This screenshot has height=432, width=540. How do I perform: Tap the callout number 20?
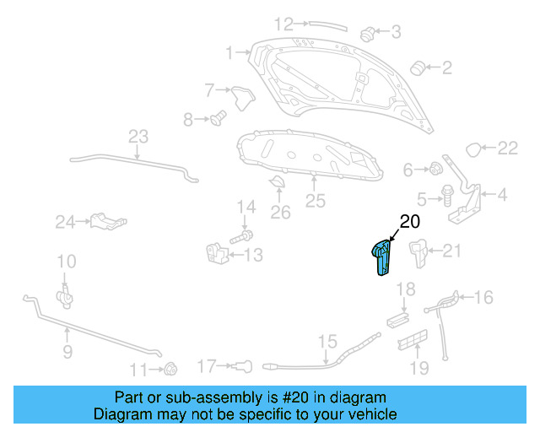[409, 223]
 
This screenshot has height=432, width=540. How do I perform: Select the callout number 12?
[283, 24]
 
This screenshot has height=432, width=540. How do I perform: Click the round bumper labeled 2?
[416, 67]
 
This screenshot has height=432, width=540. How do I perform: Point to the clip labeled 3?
[368, 34]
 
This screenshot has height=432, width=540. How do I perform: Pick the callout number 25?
[315, 201]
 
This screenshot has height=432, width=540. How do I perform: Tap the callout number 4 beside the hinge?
[502, 196]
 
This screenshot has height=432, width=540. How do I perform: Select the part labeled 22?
[476, 150]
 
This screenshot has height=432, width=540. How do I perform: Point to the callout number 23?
[138, 137]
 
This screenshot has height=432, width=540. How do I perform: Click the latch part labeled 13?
[216, 252]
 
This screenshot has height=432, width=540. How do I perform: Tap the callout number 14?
[246, 207]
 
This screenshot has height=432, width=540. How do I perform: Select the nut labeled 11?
[170, 368]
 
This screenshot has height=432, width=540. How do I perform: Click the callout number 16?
[483, 297]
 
